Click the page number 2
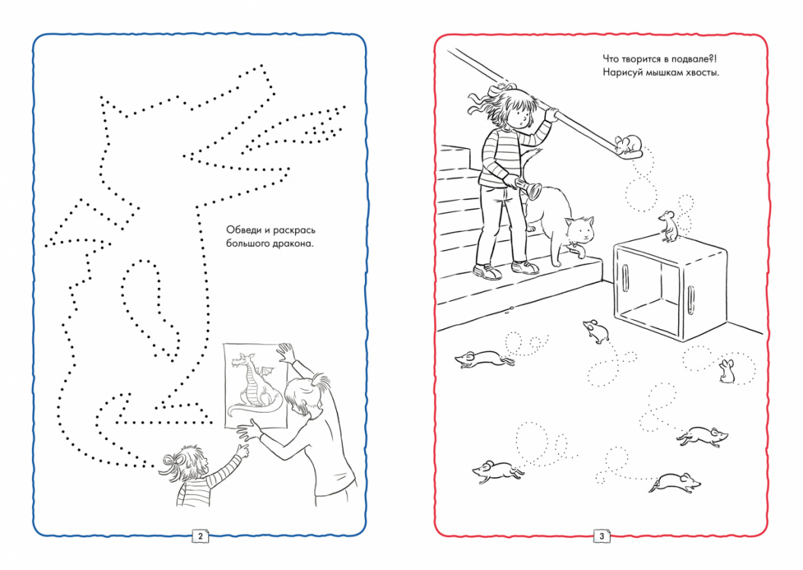(x=200, y=536)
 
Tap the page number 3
(x=601, y=536)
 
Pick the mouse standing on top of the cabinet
(x=668, y=226)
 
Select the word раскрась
(x=294, y=231)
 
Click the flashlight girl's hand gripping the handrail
(x=551, y=113)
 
